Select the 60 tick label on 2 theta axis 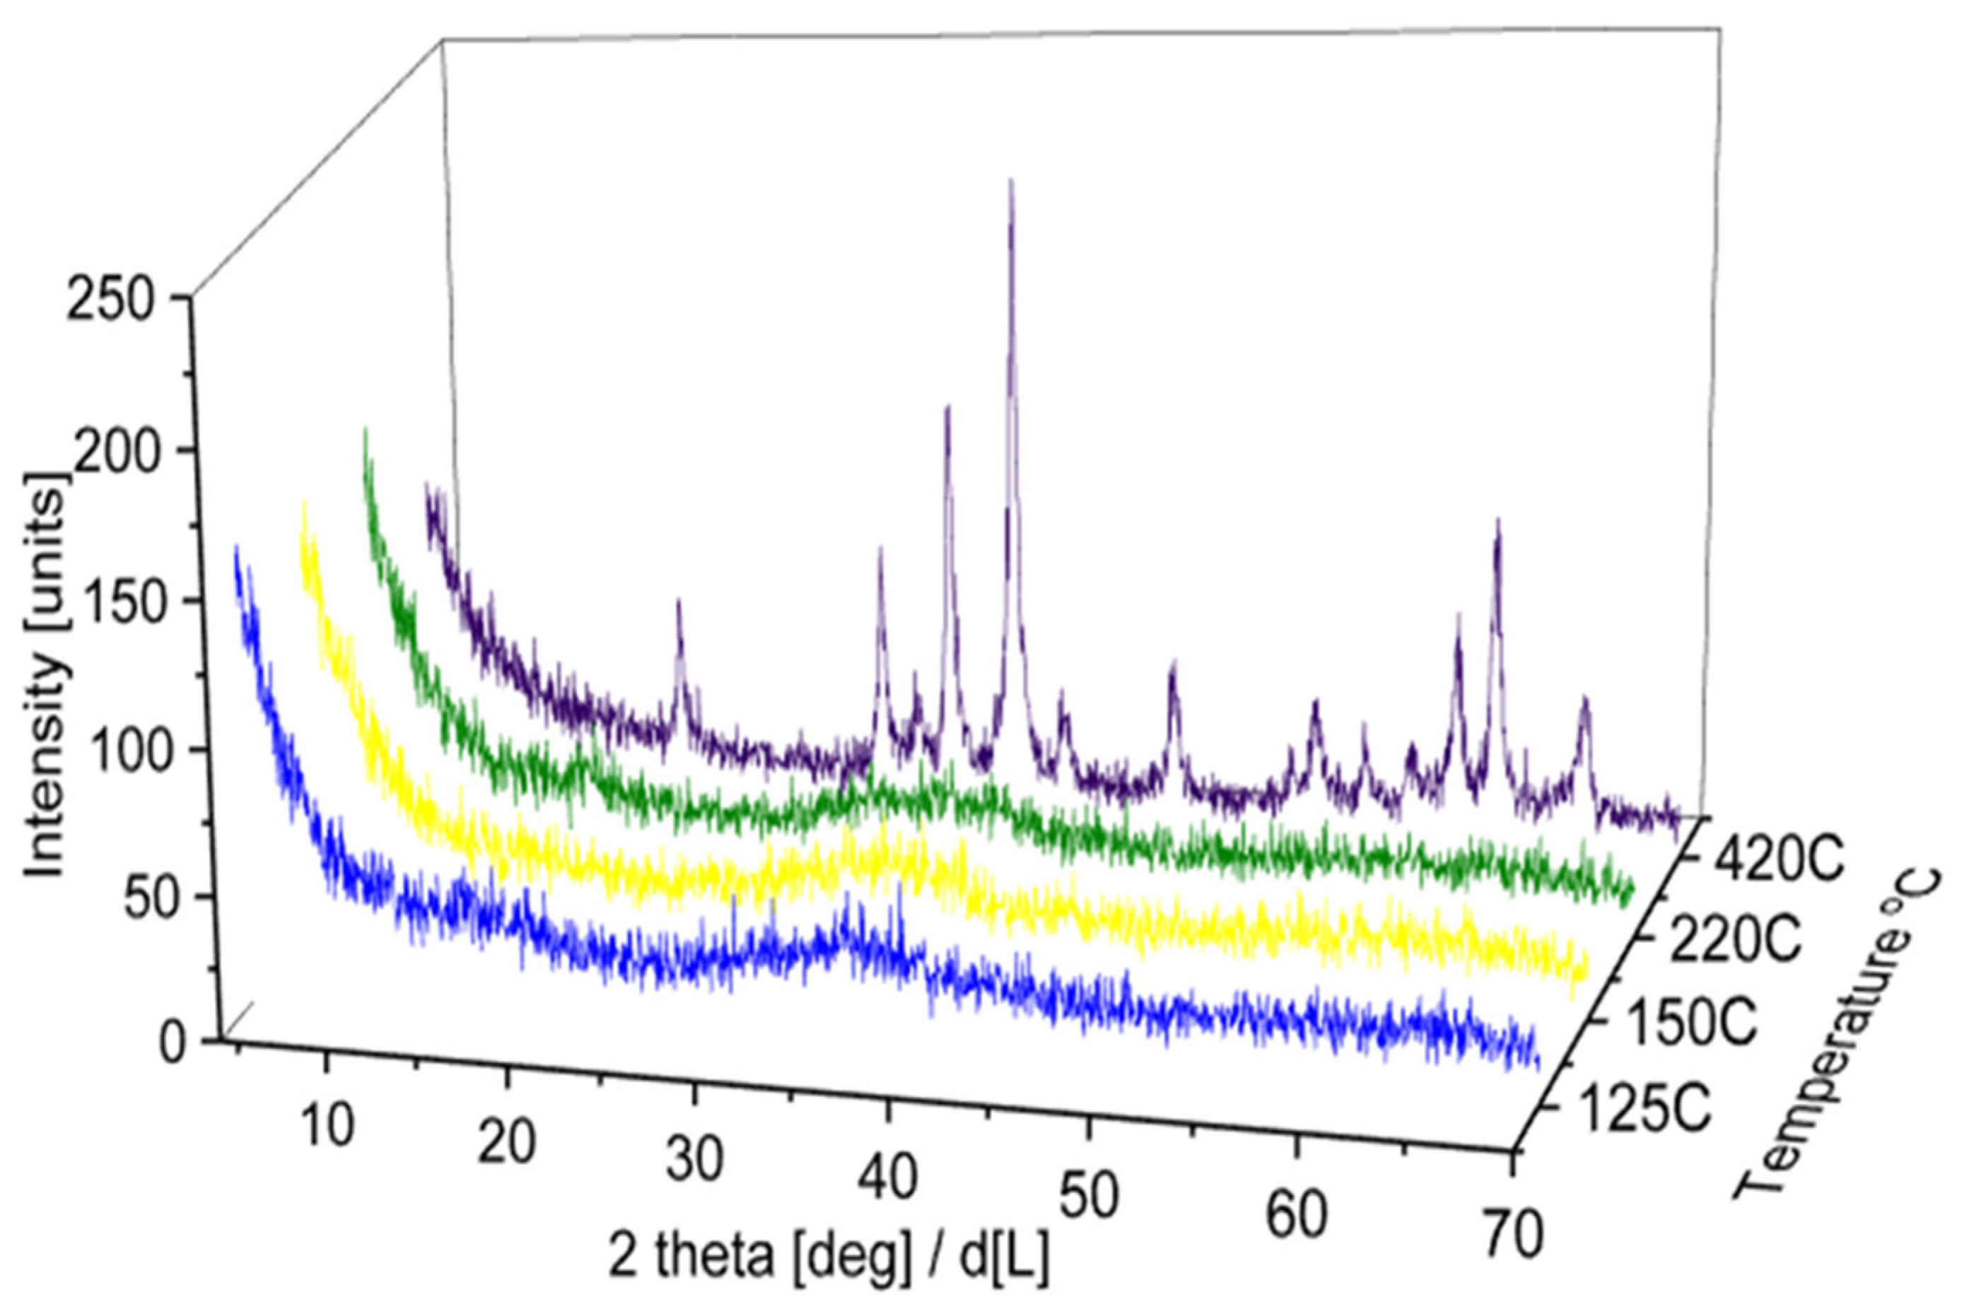pos(1297,1216)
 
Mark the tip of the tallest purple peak pos(1011,180)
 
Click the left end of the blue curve pos(236,549)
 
